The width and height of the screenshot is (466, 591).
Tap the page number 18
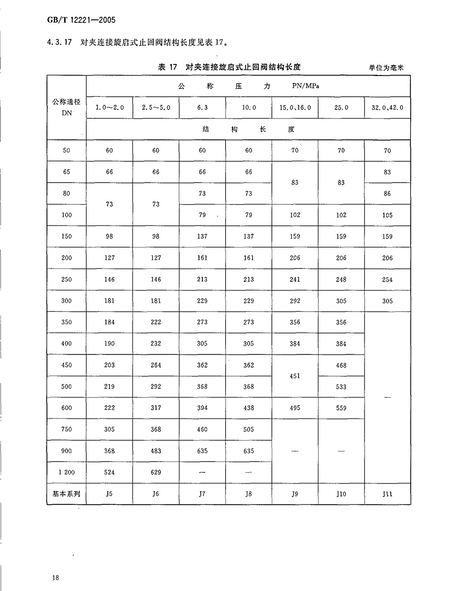click(x=55, y=577)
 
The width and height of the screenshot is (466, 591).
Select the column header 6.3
click(x=202, y=108)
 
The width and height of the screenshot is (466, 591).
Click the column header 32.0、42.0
click(x=387, y=108)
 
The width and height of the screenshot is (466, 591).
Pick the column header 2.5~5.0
click(x=156, y=108)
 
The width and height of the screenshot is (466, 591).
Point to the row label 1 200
click(x=66, y=472)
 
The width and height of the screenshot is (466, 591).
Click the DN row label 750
click(x=66, y=429)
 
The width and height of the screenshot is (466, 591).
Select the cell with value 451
click(x=295, y=376)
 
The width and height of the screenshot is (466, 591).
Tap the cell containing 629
click(x=156, y=472)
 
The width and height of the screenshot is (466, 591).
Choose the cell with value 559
click(x=341, y=408)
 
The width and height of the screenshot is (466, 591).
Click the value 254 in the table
click(x=387, y=279)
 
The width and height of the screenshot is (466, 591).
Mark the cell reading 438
click(x=249, y=408)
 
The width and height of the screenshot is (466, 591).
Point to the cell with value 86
click(x=387, y=194)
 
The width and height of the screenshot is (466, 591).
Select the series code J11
click(x=387, y=494)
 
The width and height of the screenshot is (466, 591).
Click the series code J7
click(x=202, y=494)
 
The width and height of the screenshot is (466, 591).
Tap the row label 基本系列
click(x=66, y=494)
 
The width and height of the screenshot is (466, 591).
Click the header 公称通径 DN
click(x=66, y=107)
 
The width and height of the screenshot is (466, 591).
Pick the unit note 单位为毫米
click(x=386, y=68)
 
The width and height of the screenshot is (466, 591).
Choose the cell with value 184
click(x=110, y=322)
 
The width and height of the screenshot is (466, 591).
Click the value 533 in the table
click(x=341, y=387)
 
